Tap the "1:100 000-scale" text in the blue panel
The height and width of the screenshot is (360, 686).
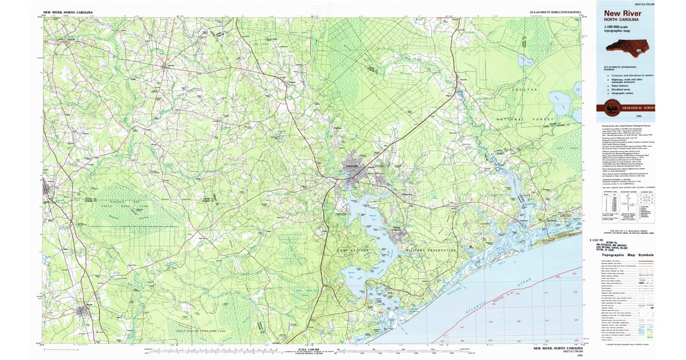[620, 27]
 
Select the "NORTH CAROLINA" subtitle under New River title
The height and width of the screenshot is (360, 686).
[621, 20]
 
